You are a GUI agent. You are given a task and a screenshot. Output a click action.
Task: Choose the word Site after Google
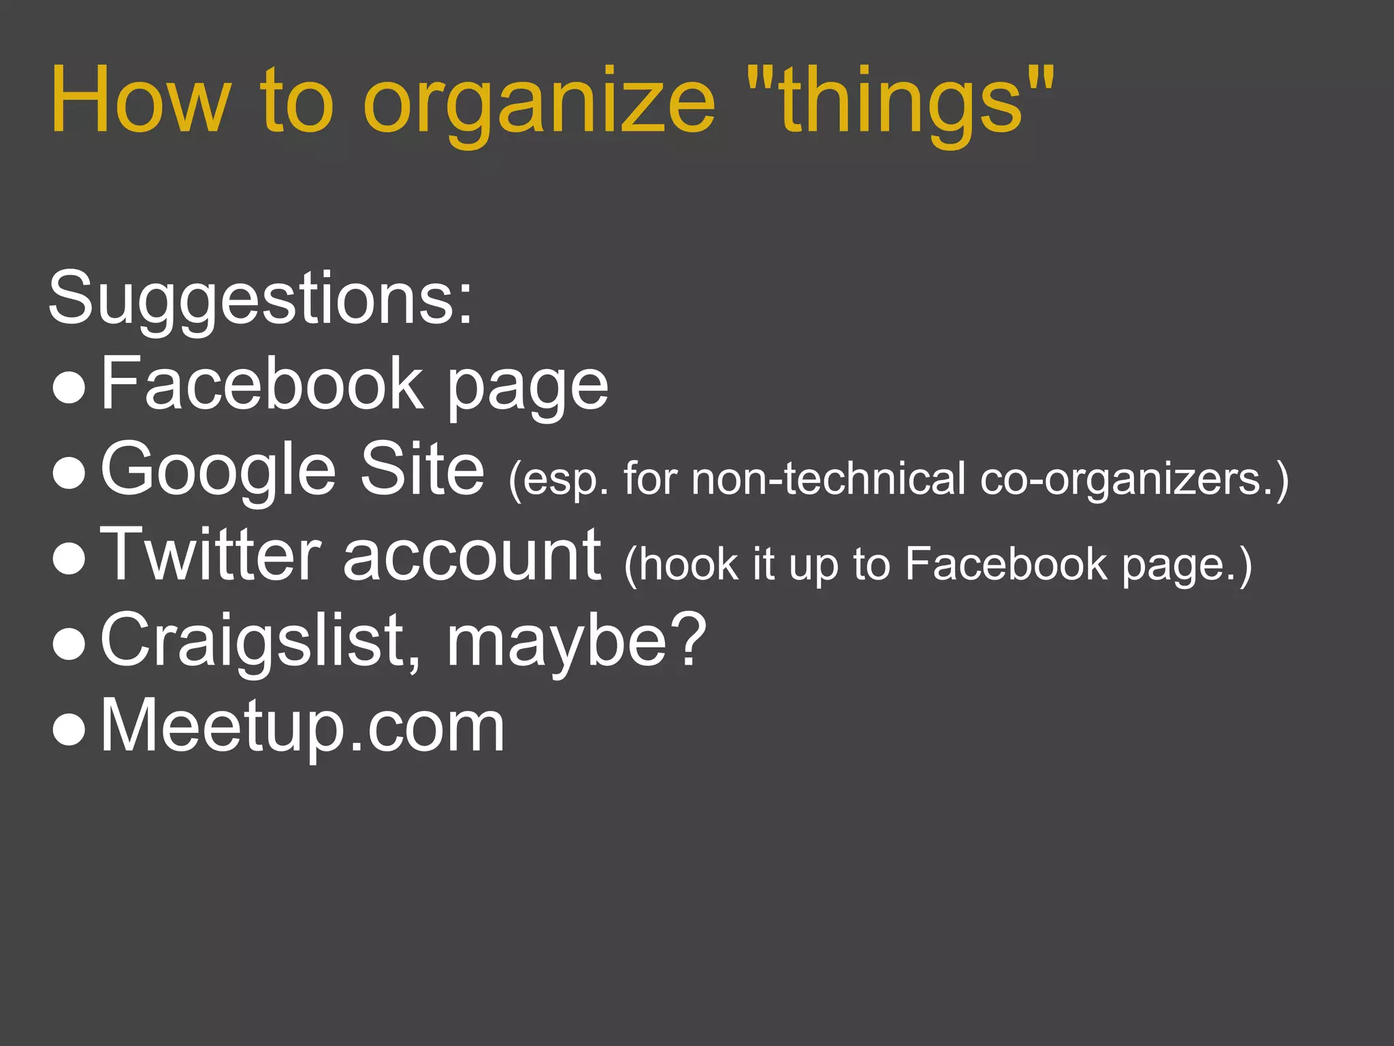click(x=422, y=468)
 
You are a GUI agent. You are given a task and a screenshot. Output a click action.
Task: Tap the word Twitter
click(x=210, y=554)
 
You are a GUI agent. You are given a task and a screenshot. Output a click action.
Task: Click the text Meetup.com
click(x=303, y=726)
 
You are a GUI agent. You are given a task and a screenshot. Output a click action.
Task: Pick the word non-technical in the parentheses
click(x=828, y=478)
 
